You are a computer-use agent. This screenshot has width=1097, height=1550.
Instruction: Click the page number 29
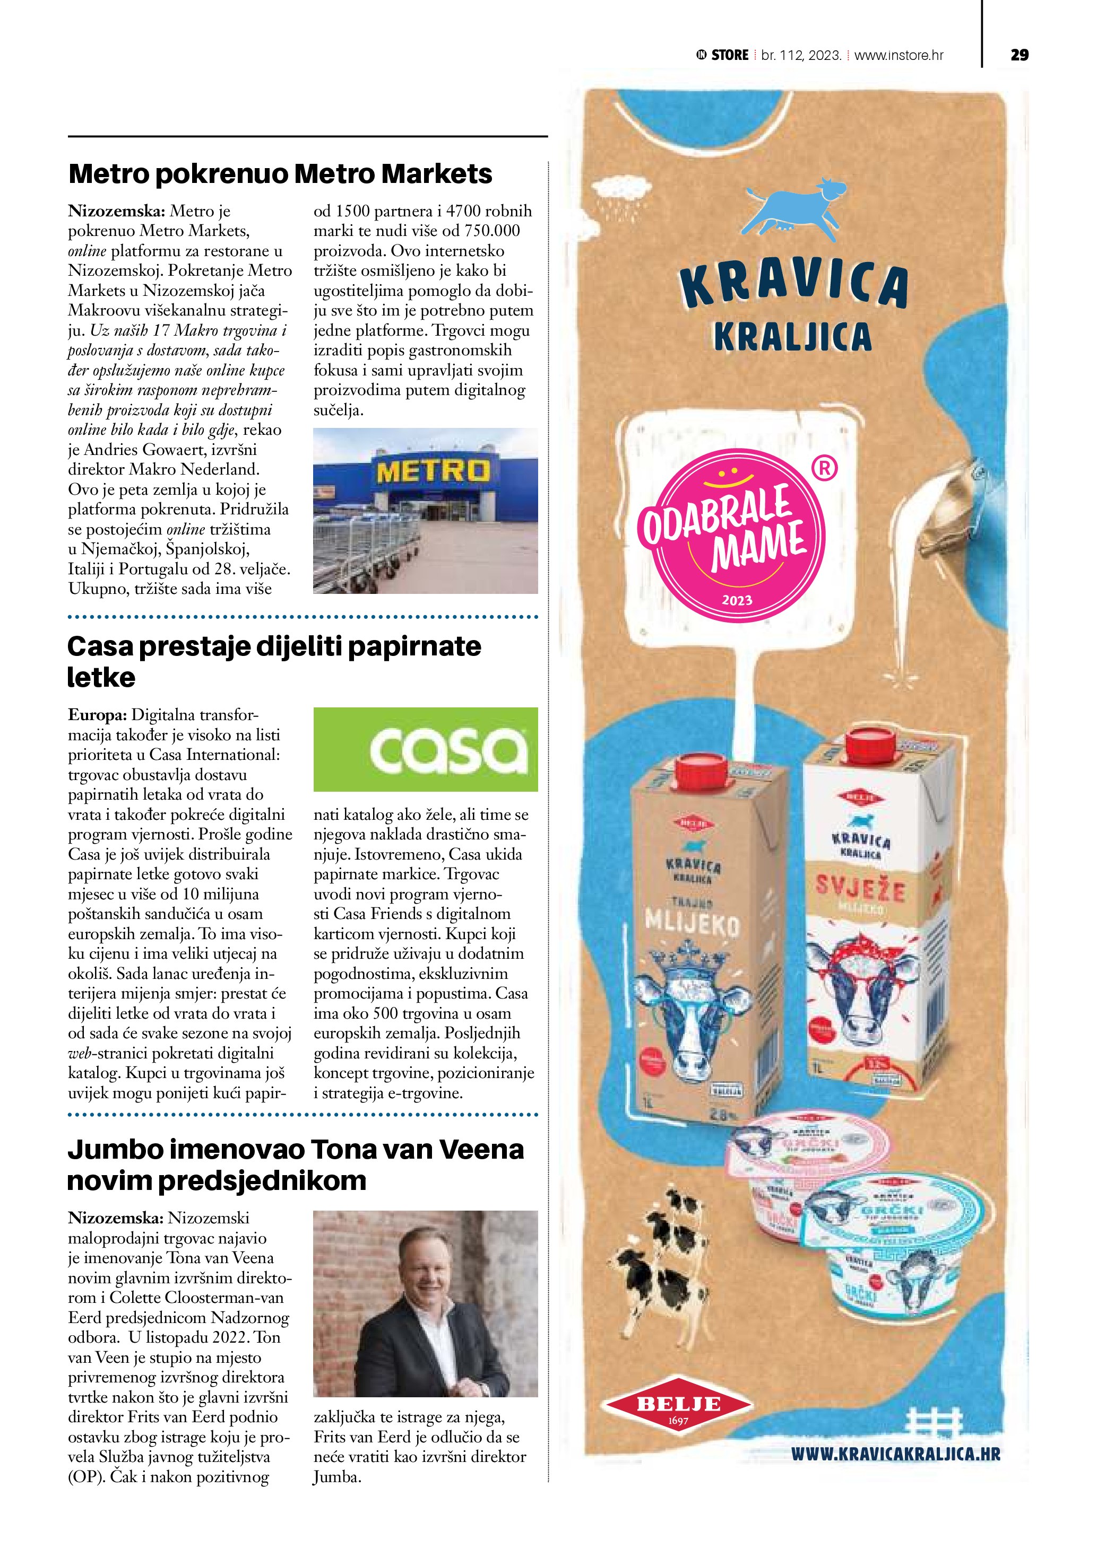click(x=1020, y=55)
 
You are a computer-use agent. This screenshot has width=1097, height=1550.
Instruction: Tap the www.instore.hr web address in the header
click(x=899, y=55)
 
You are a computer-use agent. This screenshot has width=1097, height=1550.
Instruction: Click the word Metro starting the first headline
click(x=109, y=174)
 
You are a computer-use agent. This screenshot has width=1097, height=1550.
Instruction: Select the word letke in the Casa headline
click(x=101, y=677)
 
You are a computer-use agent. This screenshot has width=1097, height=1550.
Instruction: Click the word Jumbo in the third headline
click(x=115, y=1150)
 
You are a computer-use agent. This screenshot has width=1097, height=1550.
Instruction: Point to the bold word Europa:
click(x=97, y=715)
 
